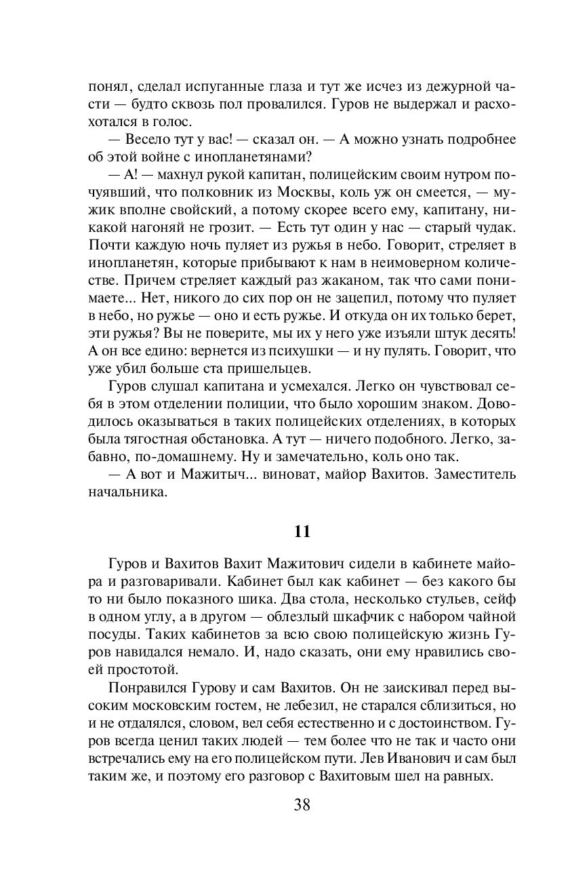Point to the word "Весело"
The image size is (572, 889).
point(148,139)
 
